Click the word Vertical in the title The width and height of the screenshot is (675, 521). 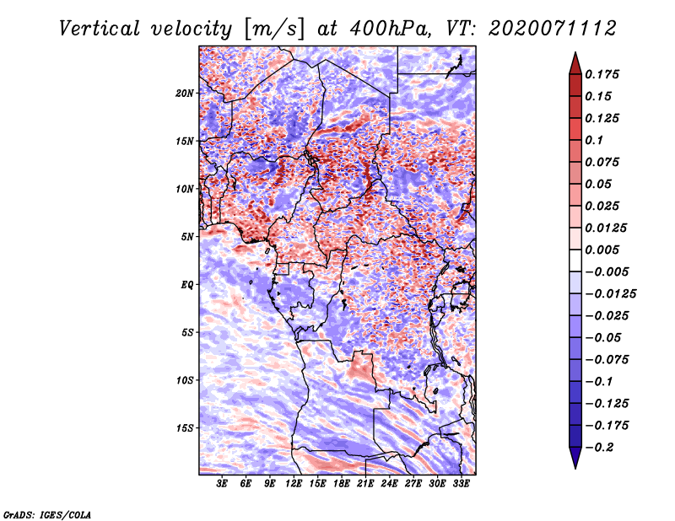(100, 29)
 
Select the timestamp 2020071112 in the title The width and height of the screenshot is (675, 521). (553, 29)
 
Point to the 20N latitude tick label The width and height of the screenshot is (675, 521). (185, 93)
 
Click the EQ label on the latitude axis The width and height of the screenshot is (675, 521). (186, 285)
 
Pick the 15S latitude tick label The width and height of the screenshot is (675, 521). (185, 428)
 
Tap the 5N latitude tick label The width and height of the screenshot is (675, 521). (187, 237)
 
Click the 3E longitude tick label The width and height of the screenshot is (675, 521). (222, 484)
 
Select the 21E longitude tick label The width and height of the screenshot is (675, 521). (365, 484)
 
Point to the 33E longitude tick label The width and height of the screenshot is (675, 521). (461, 484)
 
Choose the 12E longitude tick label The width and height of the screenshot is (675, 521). (293, 484)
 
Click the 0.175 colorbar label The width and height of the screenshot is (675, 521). (602, 74)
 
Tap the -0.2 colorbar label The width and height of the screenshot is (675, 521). (599, 448)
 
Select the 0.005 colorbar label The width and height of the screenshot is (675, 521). (602, 250)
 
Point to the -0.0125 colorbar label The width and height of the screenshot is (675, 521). (610, 294)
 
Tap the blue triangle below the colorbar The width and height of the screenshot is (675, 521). (575, 457)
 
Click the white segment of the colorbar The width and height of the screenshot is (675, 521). (575, 260)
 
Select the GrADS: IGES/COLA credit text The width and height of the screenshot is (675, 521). (47, 515)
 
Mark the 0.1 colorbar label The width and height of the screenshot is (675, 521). (594, 140)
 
